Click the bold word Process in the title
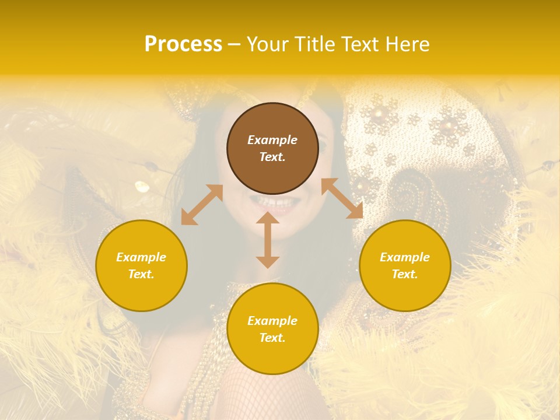coord(183,44)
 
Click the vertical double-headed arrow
coord(268,240)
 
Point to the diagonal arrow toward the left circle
coord(202,205)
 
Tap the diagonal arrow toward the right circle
coord(342,198)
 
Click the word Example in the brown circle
coord(272,140)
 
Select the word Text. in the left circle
coord(141,274)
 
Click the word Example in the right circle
coord(405,257)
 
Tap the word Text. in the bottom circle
coord(272,338)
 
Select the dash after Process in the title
coord(234,45)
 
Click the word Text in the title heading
coord(360,44)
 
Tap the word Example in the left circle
coord(141,257)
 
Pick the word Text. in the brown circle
coord(272,157)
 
